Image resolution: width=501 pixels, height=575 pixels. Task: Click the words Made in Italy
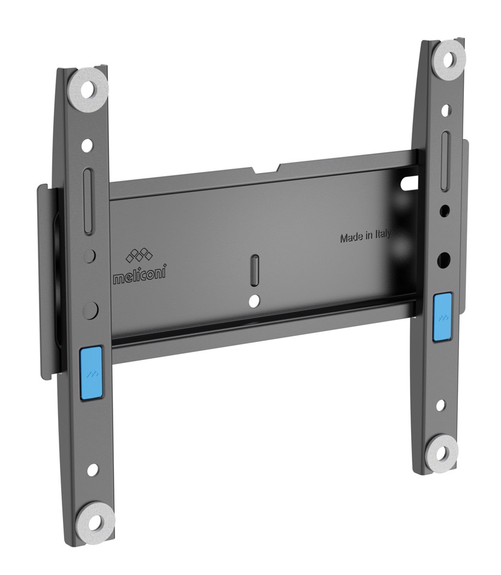tap(365, 237)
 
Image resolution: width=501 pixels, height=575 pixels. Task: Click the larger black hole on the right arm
tap(445, 259)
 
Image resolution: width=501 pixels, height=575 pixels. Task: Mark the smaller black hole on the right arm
tap(445, 211)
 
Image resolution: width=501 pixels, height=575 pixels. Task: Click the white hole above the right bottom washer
tap(441, 404)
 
